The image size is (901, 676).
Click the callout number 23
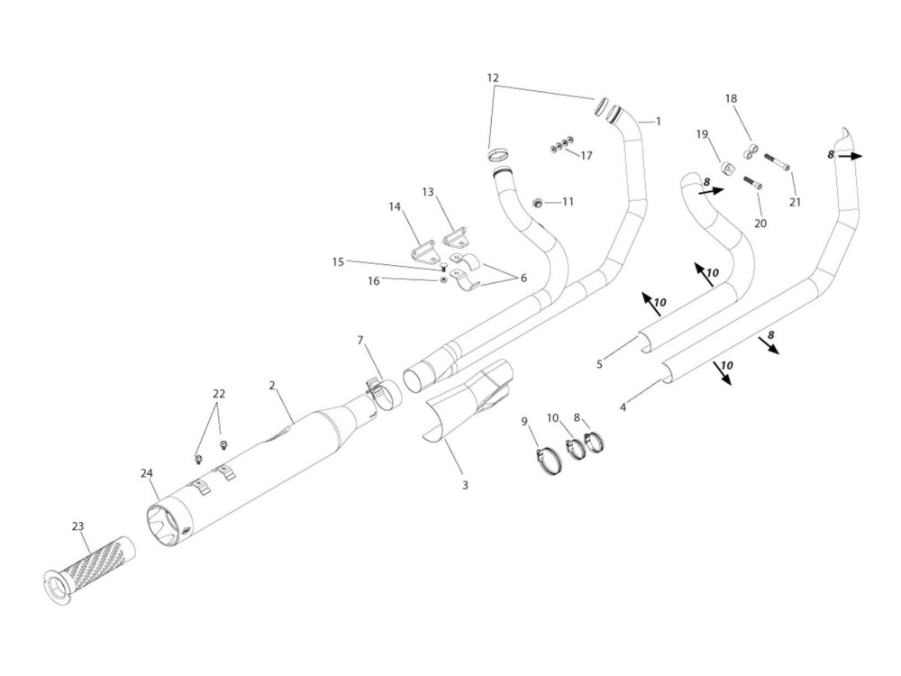[77, 525]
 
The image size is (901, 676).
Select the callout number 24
[148, 472]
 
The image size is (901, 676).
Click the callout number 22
[218, 394]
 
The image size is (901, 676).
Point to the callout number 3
[465, 486]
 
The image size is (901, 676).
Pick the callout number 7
[360, 341]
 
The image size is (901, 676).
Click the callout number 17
[587, 155]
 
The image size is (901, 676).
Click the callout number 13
[428, 192]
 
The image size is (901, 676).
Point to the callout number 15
[337, 262]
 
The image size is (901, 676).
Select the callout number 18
[731, 98]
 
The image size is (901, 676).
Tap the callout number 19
[703, 134]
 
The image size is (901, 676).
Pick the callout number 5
[598, 364]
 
